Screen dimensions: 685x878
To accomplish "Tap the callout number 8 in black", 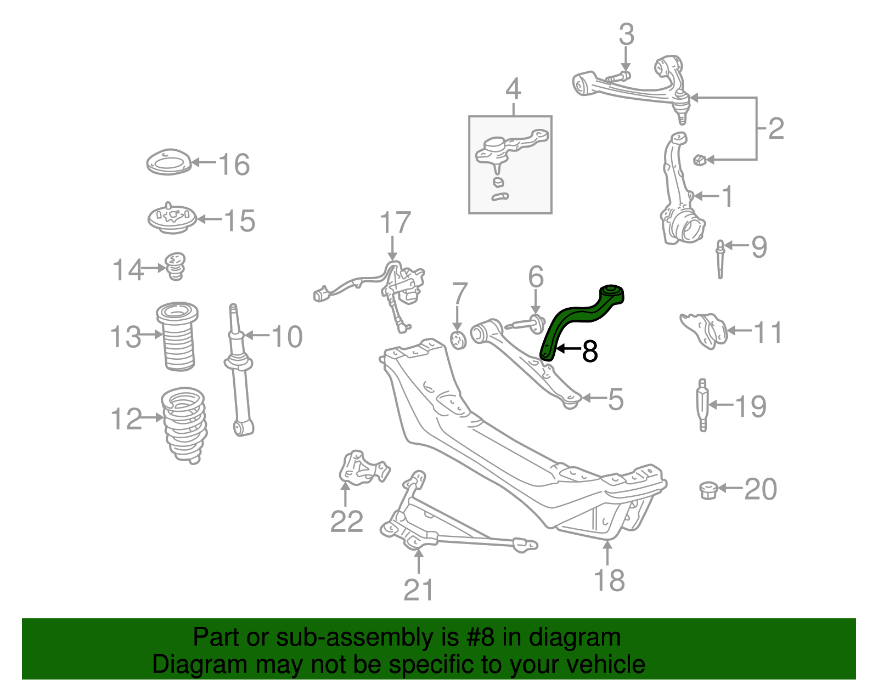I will click(589, 352).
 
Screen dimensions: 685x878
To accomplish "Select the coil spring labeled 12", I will click(185, 424).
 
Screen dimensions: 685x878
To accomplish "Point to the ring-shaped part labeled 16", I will click(168, 162).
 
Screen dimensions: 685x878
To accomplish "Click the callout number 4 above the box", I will click(513, 89).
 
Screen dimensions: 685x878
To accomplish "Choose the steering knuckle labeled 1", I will click(679, 197).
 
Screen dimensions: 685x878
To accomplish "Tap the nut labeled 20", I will click(709, 490).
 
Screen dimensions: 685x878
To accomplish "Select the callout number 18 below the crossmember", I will click(609, 580).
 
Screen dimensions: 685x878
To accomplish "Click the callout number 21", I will click(418, 590).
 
